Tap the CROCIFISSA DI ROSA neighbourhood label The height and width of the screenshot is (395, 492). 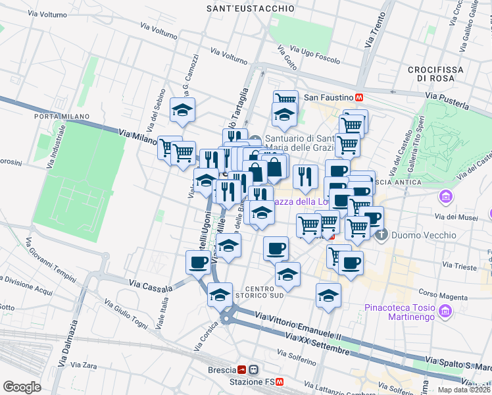click(435, 74)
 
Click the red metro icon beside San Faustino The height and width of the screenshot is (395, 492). click(360, 97)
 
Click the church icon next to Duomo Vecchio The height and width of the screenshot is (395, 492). click(378, 234)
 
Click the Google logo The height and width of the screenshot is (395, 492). click(22, 387)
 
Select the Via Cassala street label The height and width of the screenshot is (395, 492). click(151, 286)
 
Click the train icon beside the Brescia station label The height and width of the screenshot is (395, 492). click(242, 370)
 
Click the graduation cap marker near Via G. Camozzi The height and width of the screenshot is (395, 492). click(182, 109)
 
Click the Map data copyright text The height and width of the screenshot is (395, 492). click(464, 390)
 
